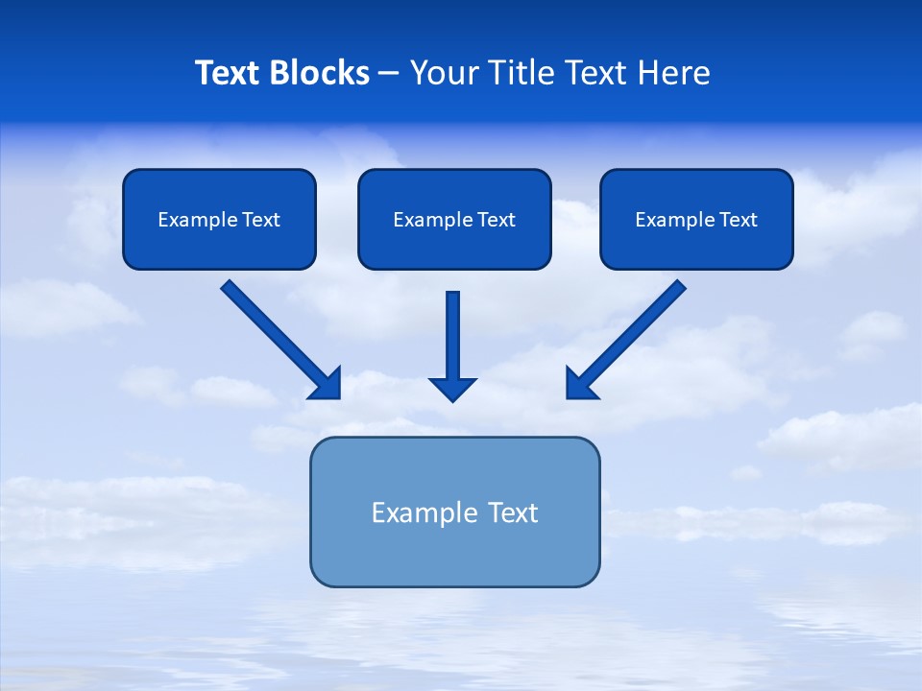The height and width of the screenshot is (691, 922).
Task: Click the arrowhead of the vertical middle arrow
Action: point(452,389)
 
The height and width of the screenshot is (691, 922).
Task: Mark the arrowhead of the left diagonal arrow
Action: point(328,384)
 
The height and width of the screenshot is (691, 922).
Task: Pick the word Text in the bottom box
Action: point(514,512)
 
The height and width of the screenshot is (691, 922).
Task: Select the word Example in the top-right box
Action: point(675,220)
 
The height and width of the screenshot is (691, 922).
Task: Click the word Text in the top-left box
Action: point(261,220)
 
